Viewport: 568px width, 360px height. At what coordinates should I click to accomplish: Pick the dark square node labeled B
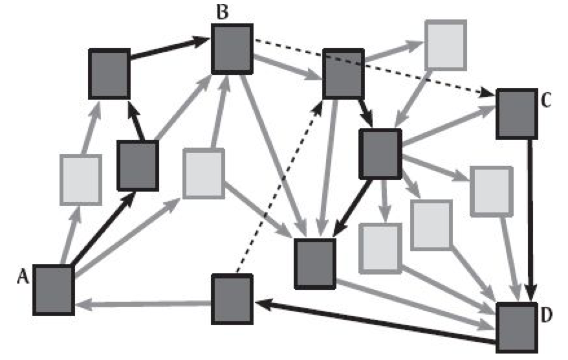[232, 47]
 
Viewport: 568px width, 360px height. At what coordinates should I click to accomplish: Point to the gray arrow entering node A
[142, 302]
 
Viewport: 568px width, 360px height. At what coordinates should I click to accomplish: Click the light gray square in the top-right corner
[445, 45]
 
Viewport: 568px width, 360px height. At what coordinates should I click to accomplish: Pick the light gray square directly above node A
[80, 179]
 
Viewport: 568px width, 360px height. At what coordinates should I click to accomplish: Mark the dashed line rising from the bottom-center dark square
[278, 188]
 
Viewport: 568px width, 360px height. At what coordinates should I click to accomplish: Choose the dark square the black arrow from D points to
[232, 297]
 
